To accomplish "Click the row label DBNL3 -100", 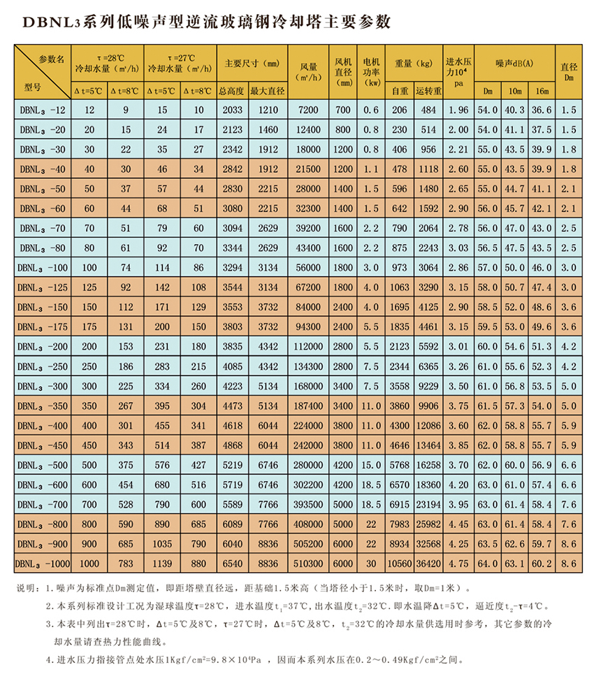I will tap(43, 268).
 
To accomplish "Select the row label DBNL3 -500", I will tap(43, 465).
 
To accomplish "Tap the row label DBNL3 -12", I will tap(43, 110).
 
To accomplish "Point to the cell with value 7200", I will tap(308, 110).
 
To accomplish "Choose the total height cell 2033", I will tap(231, 110).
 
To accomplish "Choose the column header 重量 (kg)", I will tap(414, 64).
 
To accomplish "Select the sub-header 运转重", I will tap(428, 91).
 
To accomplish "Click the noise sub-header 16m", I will tap(542, 91).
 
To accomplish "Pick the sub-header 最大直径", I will tap(263, 91).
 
